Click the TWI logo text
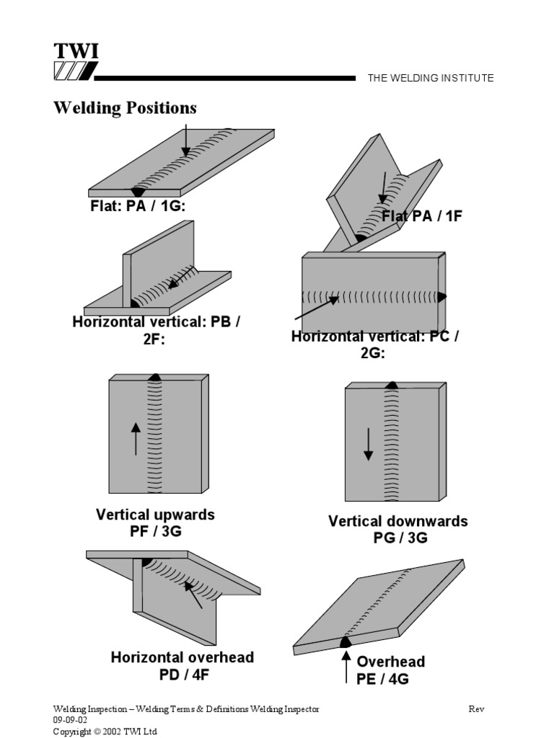point(76,52)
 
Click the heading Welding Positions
point(125,108)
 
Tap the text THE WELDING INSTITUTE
point(431,78)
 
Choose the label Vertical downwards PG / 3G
point(397,530)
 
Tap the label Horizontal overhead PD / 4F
point(182,666)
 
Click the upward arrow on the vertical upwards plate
point(135,439)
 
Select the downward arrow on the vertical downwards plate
point(368,444)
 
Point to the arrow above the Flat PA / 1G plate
point(186,139)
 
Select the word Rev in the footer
point(476,709)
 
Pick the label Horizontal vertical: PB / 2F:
point(156,330)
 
